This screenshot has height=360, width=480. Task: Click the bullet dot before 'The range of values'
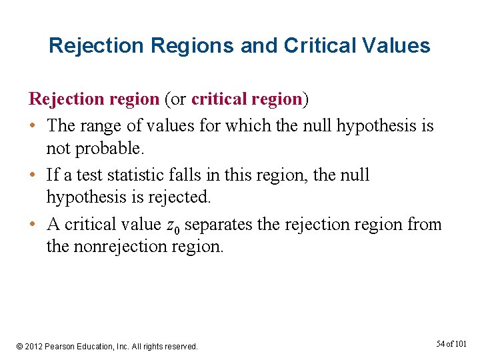(x=33, y=125)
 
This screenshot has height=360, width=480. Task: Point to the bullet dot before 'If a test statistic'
(x=33, y=175)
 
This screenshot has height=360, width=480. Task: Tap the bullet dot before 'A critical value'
(x=33, y=225)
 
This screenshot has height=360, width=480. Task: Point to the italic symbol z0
(x=171, y=225)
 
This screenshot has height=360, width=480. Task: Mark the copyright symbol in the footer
(x=20, y=347)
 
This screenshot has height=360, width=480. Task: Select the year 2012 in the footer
(x=35, y=347)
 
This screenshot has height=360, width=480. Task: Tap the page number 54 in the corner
(x=441, y=344)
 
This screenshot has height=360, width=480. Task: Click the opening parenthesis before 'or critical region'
(x=165, y=99)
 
